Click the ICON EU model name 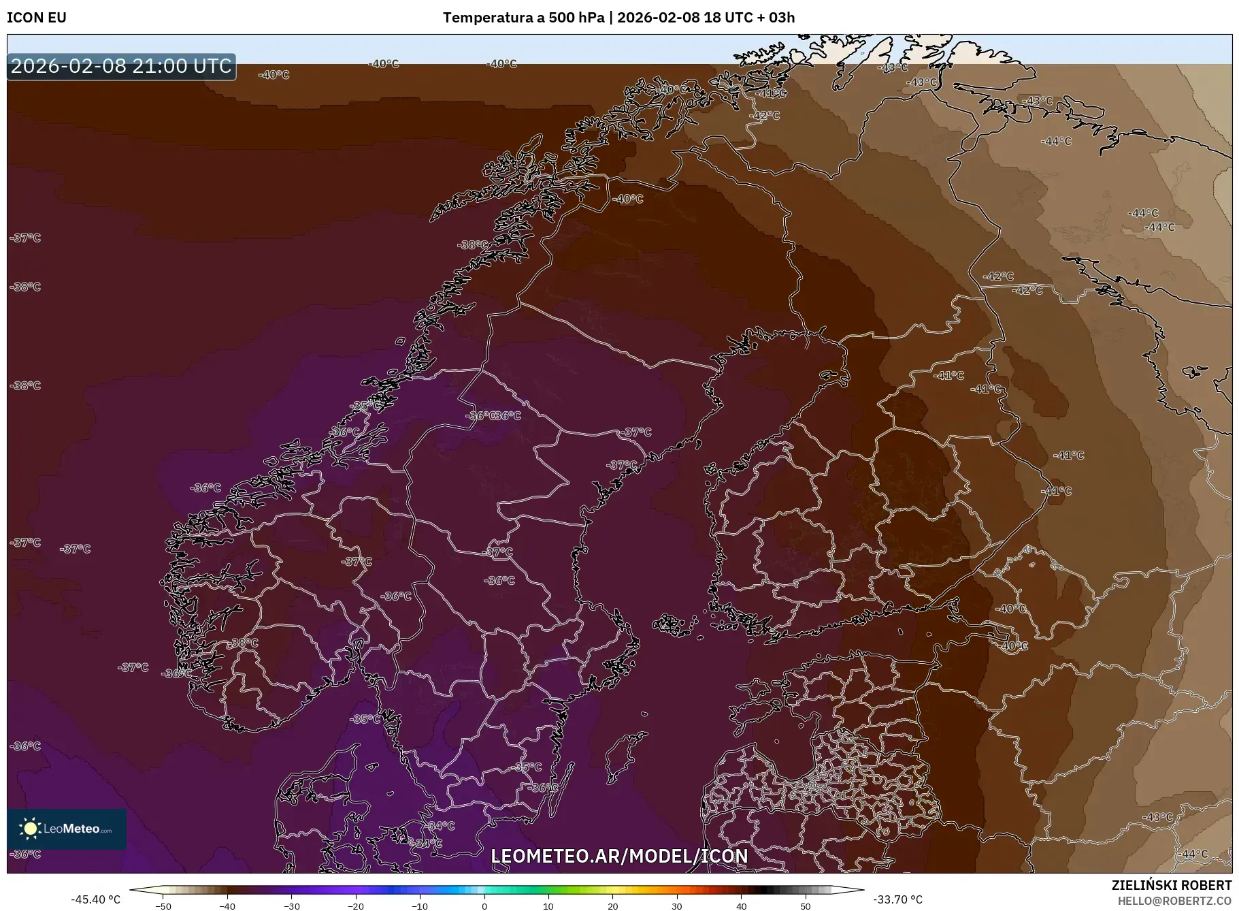pyautogui.click(x=37, y=18)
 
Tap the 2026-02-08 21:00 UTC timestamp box pyautogui.click(x=121, y=66)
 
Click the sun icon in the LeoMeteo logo pyautogui.click(x=30, y=828)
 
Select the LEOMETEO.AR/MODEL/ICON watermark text pyautogui.click(x=619, y=856)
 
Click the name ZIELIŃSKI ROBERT pyautogui.click(x=1171, y=885)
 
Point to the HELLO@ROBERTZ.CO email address pyautogui.click(x=1174, y=901)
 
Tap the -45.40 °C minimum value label pyautogui.click(x=95, y=899)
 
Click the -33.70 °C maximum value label pyautogui.click(x=897, y=899)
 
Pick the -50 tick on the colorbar pyautogui.click(x=163, y=906)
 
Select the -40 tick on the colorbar pyautogui.click(x=227, y=906)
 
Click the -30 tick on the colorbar pyautogui.click(x=291, y=906)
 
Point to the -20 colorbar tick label pyautogui.click(x=356, y=906)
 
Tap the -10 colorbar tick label pyautogui.click(x=420, y=906)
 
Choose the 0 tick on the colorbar pyautogui.click(x=484, y=906)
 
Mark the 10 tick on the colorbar pyautogui.click(x=548, y=906)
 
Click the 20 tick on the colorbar pyautogui.click(x=612, y=906)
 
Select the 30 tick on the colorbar pyautogui.click(x=677, y=906)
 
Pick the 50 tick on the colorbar pyautogui.click(x=805, y=906)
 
